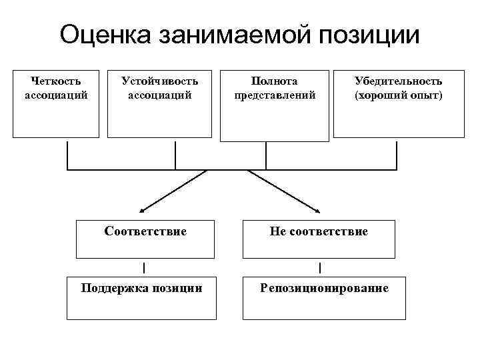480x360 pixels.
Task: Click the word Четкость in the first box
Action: coord(56,81)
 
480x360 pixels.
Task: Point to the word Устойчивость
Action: coord(159,81)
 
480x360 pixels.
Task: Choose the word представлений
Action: coord(275,95)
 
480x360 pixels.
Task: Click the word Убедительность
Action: coord(398,81)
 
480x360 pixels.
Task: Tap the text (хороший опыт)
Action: coord(398,95)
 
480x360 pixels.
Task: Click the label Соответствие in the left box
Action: coord(145,231)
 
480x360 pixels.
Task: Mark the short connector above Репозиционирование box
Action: coord(320,268)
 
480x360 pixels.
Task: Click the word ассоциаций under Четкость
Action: coord(56,95)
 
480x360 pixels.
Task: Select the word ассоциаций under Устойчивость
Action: coord(159,95)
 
